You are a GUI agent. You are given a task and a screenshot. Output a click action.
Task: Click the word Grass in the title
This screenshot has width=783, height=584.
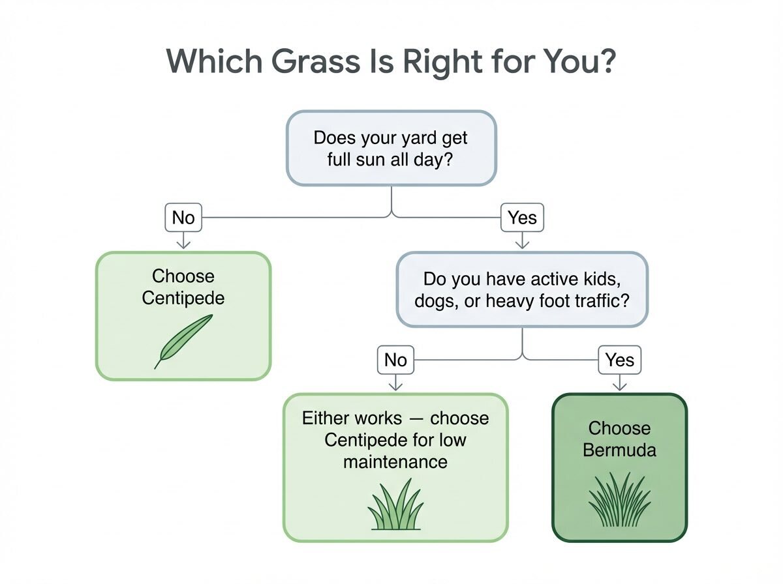point(315,61)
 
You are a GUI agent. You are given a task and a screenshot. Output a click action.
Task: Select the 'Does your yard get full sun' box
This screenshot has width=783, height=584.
point(391,148)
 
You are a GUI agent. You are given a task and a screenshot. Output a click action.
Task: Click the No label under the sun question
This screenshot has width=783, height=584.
point(183,217)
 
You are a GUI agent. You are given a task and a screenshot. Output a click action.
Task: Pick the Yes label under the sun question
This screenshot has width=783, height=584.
point(522,217)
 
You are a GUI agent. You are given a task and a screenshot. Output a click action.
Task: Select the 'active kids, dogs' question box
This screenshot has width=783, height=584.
point(522,289)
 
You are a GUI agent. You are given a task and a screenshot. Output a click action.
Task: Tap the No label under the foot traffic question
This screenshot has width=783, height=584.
point(395,360)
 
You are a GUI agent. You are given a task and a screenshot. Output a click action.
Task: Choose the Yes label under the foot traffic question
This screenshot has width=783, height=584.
point(620,360)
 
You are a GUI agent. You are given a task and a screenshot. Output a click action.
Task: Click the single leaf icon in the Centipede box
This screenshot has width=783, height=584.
point(184,341)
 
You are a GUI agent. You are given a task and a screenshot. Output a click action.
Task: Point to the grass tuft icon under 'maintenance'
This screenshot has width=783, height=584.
point(395,504)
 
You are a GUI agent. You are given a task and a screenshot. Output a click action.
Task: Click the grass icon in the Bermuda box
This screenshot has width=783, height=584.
point(620,499)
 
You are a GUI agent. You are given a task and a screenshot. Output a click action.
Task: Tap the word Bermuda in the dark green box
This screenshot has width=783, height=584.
point(620,450)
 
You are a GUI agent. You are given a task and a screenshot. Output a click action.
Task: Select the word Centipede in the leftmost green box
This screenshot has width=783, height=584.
point(183,299)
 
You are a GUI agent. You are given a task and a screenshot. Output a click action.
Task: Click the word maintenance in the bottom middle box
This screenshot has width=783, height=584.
point(395,462)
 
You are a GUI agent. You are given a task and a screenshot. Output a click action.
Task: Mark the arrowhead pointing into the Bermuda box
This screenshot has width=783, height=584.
point(620,387)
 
